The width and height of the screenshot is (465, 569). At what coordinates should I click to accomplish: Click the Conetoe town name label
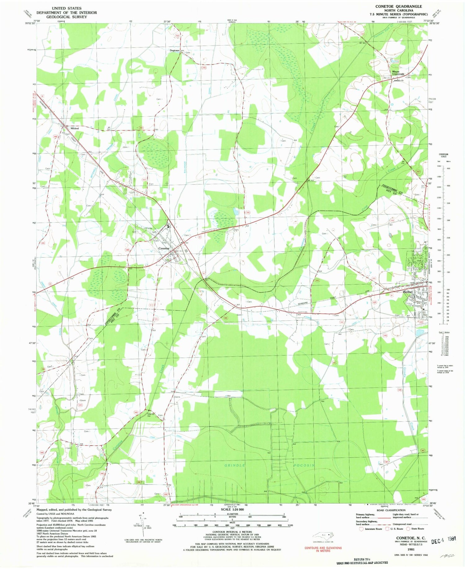164,248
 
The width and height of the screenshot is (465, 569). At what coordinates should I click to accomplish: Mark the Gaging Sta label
151,415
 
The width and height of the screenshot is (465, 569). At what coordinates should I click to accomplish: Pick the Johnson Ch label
399,81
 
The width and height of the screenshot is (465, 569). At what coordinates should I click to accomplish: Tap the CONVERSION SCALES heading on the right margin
443,155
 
